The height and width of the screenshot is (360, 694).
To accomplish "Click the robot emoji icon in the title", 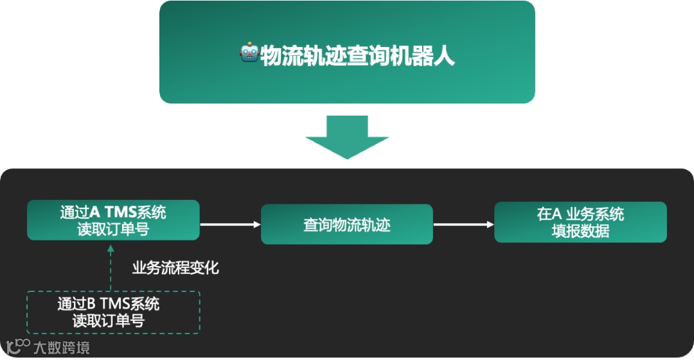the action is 249,55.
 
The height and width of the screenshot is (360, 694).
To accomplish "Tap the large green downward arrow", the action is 347,137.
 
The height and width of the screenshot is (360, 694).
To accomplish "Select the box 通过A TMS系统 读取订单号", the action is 113,220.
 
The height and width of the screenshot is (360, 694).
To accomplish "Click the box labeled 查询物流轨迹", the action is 347,224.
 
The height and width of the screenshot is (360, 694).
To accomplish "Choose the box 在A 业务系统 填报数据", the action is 580,222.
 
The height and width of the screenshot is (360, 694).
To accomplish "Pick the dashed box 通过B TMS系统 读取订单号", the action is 113,312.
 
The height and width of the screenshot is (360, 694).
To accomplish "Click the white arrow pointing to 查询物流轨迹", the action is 230,224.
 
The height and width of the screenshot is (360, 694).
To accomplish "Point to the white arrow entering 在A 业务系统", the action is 463,224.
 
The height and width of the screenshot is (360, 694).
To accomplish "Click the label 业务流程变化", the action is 175,267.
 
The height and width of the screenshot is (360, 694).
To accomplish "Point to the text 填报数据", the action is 580,231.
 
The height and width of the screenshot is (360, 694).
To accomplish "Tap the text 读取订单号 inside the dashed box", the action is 109,321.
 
